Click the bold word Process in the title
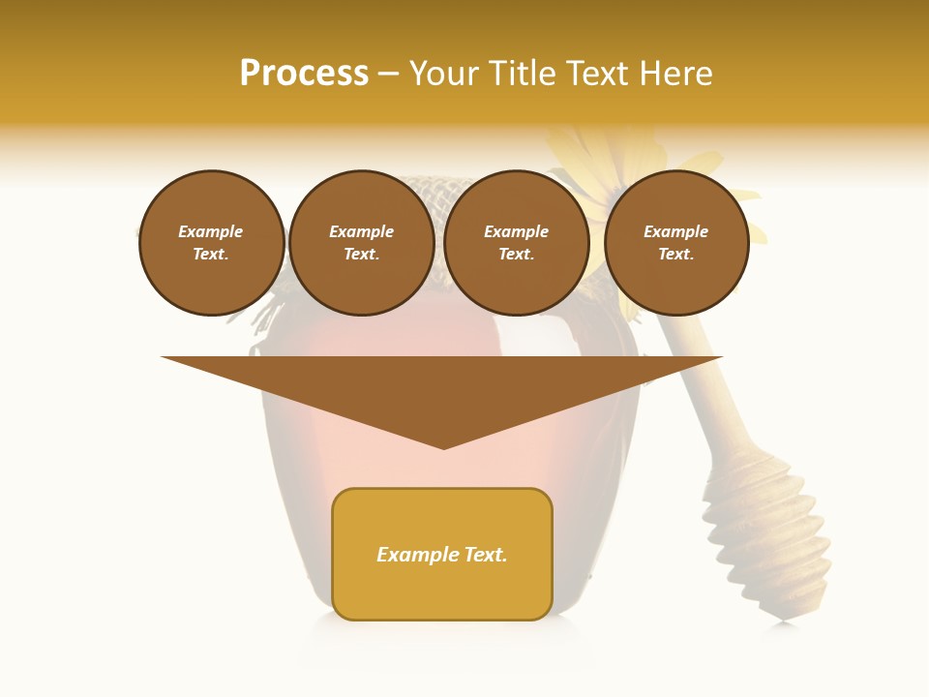pos(304,74)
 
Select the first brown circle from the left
pos(211,243)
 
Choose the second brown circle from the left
pos(362,243)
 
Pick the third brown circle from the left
pos(517,243)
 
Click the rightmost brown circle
pos(676,243)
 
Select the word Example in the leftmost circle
pos(211,232)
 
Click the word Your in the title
pos(442,74)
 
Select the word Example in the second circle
pos(362,232)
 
